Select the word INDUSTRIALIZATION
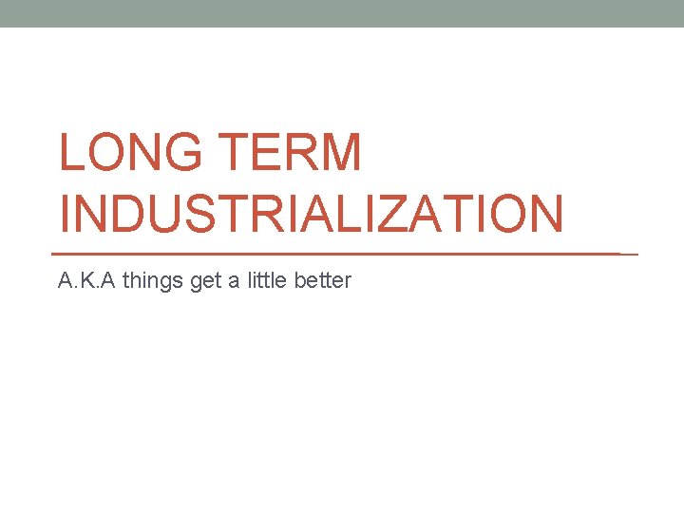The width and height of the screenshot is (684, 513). pos(311,214)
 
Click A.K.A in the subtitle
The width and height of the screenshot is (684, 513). pos(86,281)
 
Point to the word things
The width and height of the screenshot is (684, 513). pos(153,281)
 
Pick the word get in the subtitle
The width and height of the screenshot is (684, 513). pos(205,282)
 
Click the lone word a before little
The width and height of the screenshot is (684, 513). pos(232,282)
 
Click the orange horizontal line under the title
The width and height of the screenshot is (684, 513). pos(342,255)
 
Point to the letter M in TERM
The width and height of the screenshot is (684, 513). pos(340,154)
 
